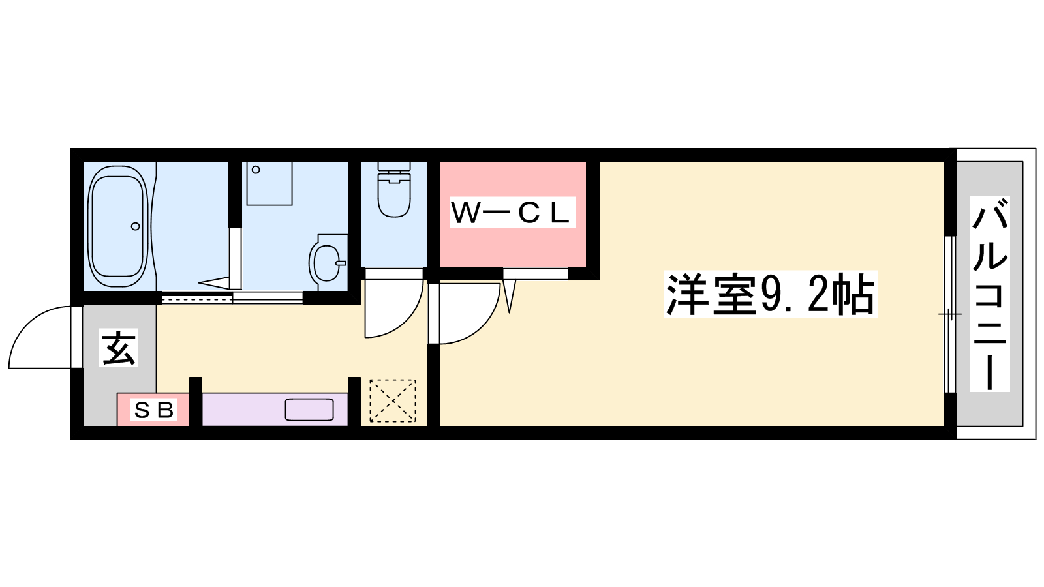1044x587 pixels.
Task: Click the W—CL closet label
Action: pyautogui.click(x=512, y=213)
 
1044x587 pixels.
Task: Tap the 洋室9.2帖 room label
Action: pyautogui.click(x=771, y=294)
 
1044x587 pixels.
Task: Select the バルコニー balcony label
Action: pyautogui.click(x=990, y=294)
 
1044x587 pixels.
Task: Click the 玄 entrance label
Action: pyautogui.click(x=118, y=348)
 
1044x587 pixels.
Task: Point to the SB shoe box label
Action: pyautogui.click(x=154, y=410)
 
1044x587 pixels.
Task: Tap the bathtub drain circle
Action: pyautogui.click(x=136, y=226)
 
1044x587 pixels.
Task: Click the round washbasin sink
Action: pyautogui.click(x=327, y=263)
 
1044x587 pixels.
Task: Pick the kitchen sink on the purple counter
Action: pyautogui.click(x=309, y=410)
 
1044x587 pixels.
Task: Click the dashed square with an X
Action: pyautogui.click(x=392, y=400)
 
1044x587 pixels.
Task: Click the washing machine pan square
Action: pyautogui.click(x=269, y=183)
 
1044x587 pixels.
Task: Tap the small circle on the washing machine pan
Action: pyautogui.click(x=255, y=170)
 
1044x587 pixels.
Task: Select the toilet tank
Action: pyautogui.click(x=394, y=167)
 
